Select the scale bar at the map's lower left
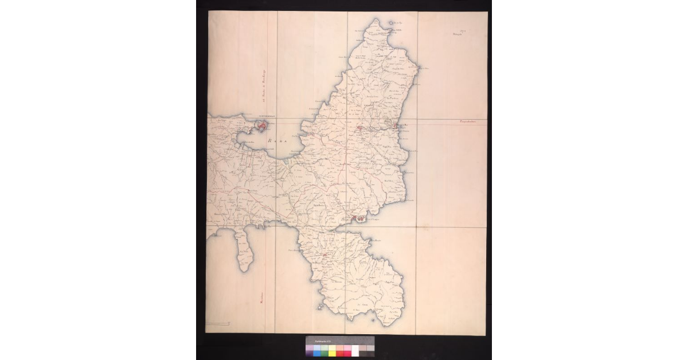[x=218, y=324]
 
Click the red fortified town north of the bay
[x=261, y=124]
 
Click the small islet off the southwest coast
[x=319, y=308]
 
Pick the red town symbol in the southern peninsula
[x=325, y=254]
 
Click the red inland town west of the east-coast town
[x=359, y=128]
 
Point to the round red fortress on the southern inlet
[x=360, y=217]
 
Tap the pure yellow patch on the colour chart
[x=332, y=351]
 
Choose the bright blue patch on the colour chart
[x=317, y=351]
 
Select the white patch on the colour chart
[x=355, y=351]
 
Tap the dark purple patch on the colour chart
[x=310, y=351]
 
